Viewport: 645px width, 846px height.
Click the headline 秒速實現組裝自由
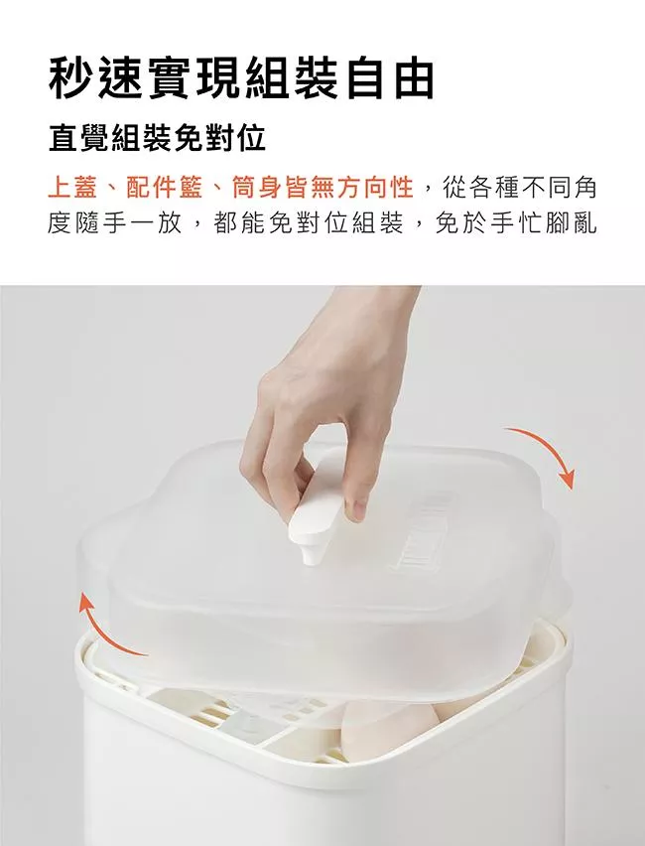(241, 79)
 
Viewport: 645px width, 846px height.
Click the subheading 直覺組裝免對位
(157, 139)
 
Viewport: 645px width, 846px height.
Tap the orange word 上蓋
(72, 188)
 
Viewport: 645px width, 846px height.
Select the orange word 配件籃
(165, 188)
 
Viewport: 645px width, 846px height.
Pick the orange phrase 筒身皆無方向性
(322, 188)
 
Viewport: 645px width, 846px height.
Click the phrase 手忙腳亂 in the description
(544, 223)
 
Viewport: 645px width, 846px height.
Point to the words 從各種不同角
(519, 188)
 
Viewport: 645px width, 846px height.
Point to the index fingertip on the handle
(355, 508)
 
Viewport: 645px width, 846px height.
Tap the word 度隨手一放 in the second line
(114, 223)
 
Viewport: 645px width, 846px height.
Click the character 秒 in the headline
(70, 79)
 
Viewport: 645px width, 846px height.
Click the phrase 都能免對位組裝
(309, 223)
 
